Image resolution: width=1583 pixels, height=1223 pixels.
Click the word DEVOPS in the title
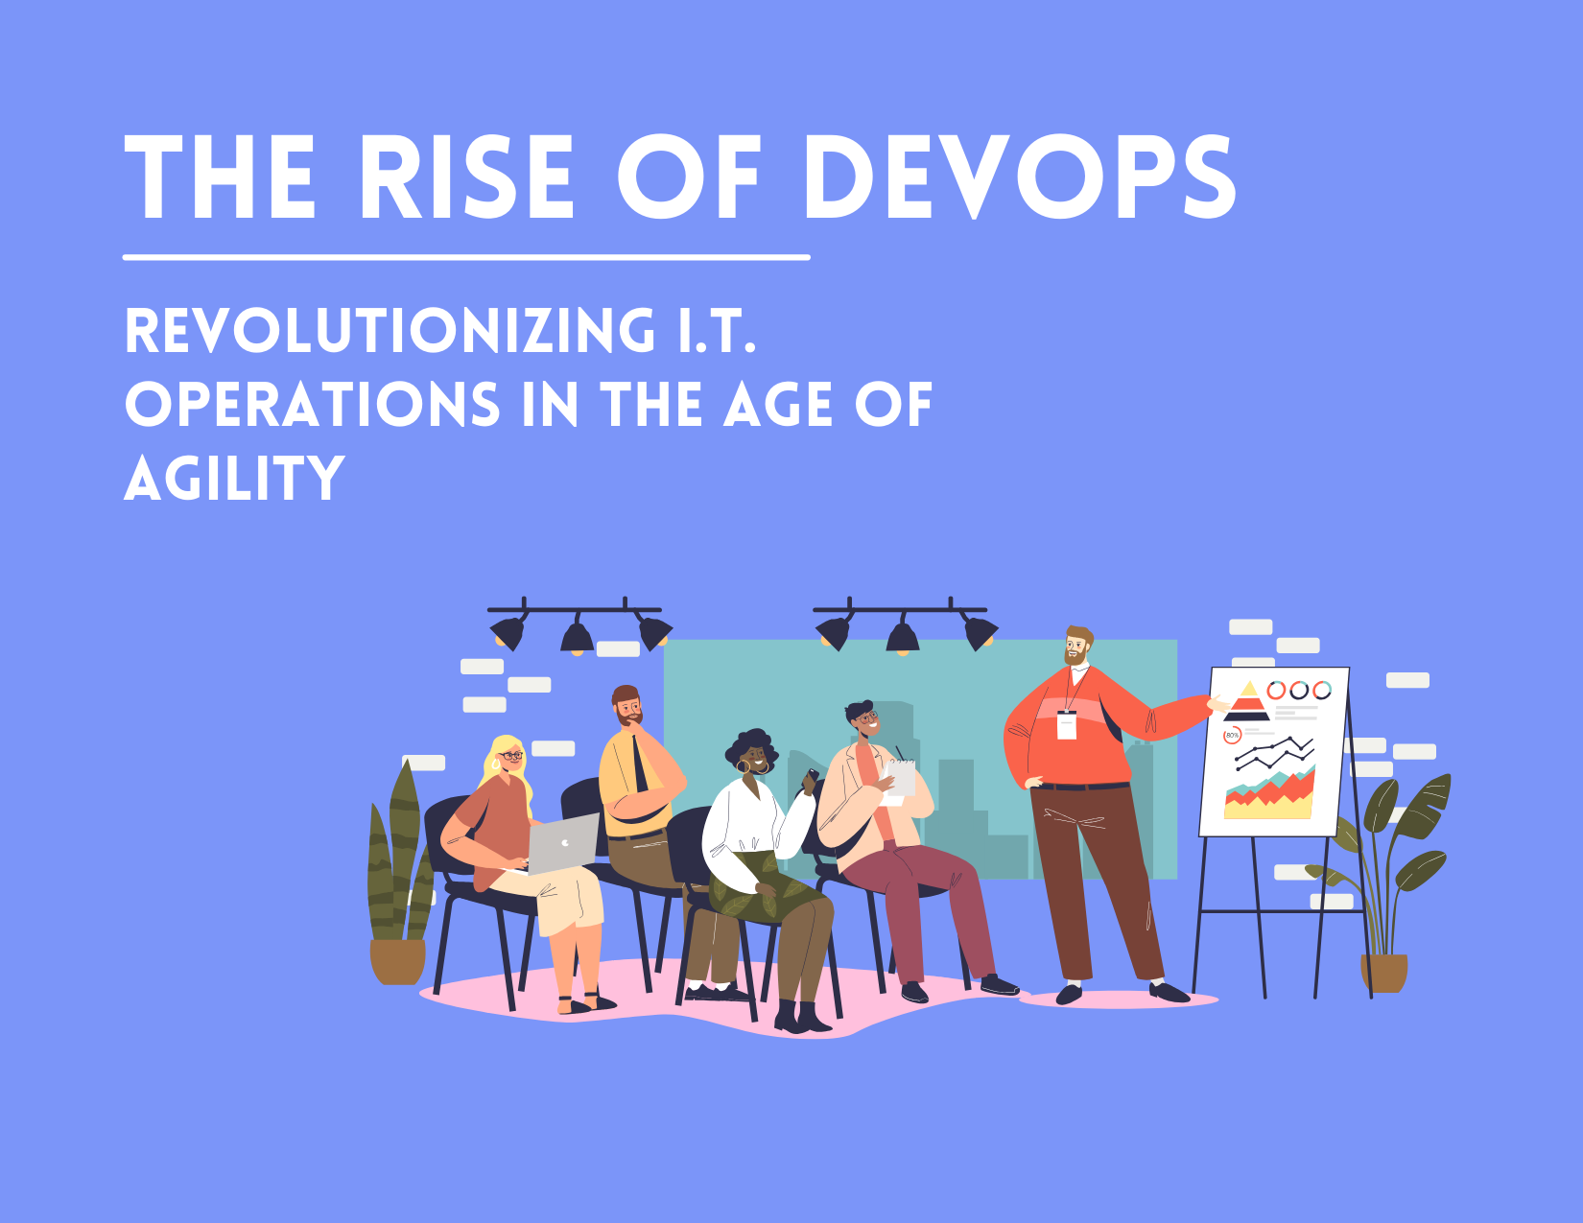pyautogui.click(x=1019, y=178)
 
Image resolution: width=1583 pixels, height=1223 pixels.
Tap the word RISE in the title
pyautogui.click(x=466, y=178)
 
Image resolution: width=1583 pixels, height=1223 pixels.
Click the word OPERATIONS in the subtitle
pyautogui.click(x=313, y=405)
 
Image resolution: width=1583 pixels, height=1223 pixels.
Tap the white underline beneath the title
pyautogui.click(x=466, y=257)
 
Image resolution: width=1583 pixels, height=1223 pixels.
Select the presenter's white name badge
pyautogui.click(x=1066, y=724)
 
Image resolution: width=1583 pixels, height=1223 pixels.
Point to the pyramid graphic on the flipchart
pyautogui.click(x=1247, y=701)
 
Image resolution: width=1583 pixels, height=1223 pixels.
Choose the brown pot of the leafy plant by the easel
pyautogui.click(x=1383, y=973)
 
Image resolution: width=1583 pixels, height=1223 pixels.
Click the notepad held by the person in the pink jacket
pyautogui.click(x=900, y=777)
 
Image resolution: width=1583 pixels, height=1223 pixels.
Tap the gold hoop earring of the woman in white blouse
pyautogui.click(x=742, y=766)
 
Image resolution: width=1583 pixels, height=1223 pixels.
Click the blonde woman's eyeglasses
pyautogui.click(x=510, y=756)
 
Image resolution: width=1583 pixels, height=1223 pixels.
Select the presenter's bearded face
pyautogui.click(x=1077, y=649)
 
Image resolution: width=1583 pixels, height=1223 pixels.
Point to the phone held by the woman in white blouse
pyautogui.click(x=811, y=776)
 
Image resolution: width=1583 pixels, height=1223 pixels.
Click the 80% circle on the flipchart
pyautogui.click(x=1233, y=735)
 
